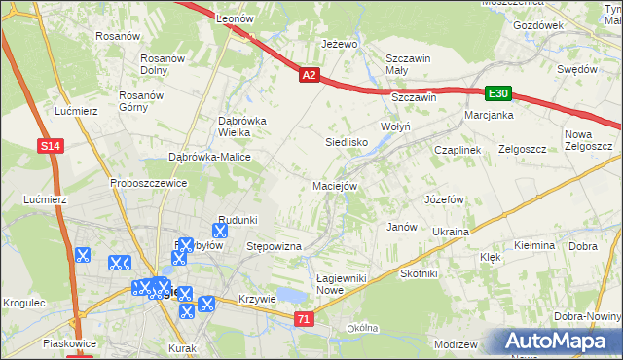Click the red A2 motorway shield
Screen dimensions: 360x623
point(309,74)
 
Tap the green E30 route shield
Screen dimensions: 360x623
point(497,92)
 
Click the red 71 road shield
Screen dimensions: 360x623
point(305,319)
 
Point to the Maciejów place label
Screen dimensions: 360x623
point(336,185)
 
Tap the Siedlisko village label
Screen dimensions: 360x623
point(346,142)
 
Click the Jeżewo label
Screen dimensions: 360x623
point(341,45)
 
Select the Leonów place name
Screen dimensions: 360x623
point(234,19)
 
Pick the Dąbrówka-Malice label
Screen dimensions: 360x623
point(209,157)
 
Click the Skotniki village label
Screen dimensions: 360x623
point(419,274)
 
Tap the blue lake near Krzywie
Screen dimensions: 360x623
point(289,296)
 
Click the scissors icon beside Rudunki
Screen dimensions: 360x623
point(219,232)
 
